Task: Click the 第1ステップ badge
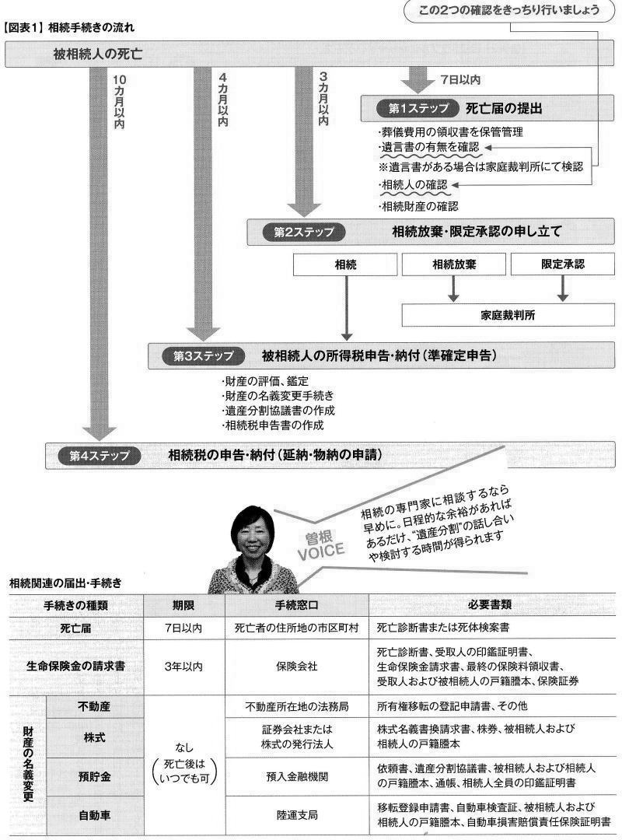click(417, 107)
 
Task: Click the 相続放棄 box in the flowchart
click(453, 264)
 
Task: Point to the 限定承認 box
click(563, 264)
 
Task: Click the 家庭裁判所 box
click(508, 315)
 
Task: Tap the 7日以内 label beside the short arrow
click(460, 79)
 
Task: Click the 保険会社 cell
click(296, 667)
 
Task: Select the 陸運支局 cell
click(296, 815)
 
